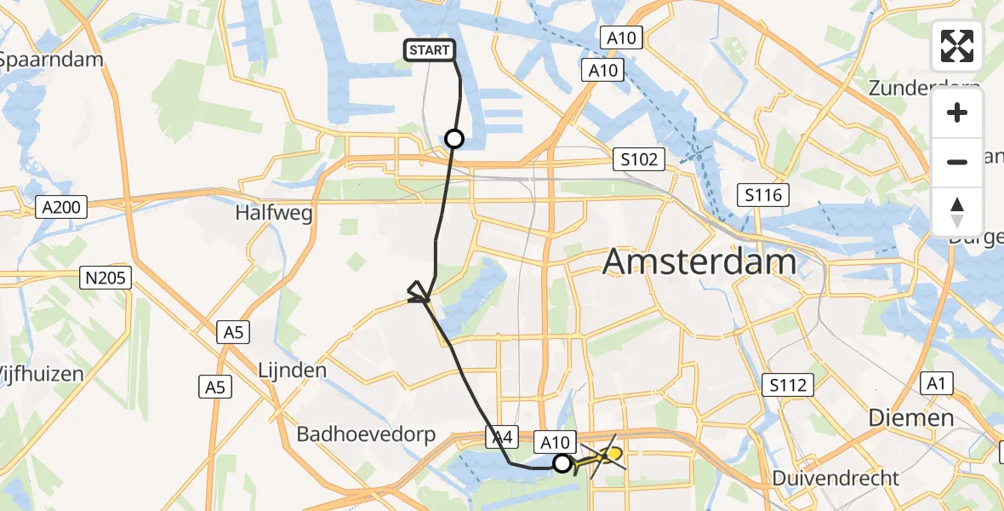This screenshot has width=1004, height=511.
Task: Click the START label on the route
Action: point(430,51)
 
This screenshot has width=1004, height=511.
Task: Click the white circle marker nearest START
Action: point(454,139)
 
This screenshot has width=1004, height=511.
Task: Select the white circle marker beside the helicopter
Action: point(562,463)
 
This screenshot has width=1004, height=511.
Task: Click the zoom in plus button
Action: point(957,113)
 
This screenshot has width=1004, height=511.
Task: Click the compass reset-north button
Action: point(957,211)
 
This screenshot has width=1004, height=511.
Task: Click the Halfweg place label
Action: point(274,213)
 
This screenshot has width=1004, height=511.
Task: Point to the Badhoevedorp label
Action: point(366,434)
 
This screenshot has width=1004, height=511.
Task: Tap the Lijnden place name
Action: point(292,370)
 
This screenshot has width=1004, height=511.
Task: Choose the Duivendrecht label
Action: point(836,478)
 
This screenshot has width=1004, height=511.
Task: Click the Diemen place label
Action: point(911,417)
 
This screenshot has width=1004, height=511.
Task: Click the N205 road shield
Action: point(106,277)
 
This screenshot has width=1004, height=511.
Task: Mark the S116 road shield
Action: point(763,196)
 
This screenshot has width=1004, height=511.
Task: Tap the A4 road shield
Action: point(500,437)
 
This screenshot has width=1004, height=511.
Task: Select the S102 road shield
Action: point(639,159)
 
